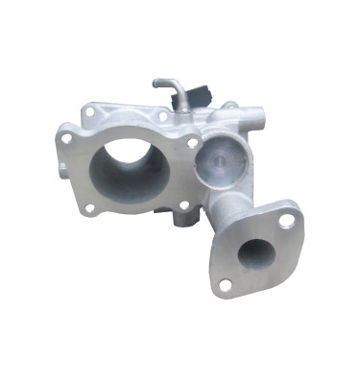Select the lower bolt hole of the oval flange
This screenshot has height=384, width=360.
click(x=226, y=284)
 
